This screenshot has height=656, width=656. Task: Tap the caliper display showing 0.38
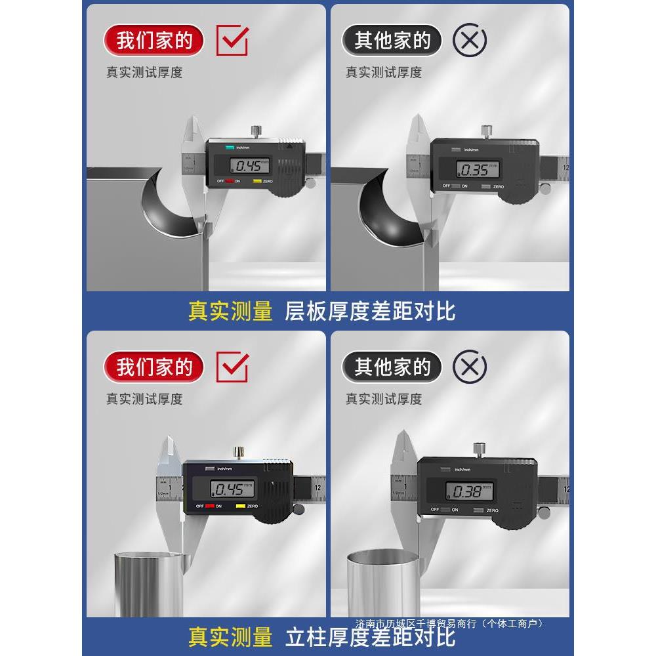[468, 490]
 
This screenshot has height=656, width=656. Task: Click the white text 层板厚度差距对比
[369, 311]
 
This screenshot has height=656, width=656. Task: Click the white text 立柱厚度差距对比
[369, 636]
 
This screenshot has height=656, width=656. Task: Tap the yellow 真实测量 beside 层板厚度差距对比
[230, 311]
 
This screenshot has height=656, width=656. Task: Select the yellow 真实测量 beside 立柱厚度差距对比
[230, 636]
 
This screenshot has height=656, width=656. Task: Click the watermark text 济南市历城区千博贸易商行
[449, 623]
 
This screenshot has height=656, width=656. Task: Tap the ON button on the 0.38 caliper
[453, 510]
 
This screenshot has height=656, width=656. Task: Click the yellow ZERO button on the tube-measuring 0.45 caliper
[241, 506]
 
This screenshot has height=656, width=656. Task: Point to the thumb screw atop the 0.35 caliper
[487, 131]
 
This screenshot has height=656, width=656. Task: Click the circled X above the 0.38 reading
[470, 367]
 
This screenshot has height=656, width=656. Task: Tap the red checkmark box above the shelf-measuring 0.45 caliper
[232, 41]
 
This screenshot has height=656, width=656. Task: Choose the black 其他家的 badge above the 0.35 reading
[392, 41]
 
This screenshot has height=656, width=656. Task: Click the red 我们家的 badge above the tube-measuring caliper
[154, 367]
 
